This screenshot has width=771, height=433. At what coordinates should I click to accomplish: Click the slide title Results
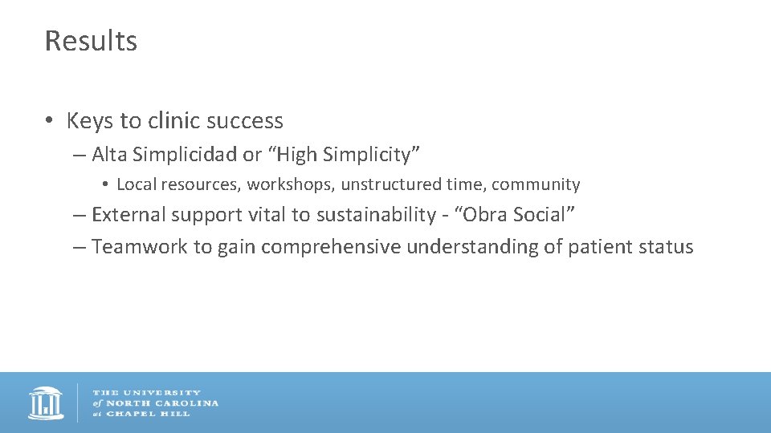coord(91,41)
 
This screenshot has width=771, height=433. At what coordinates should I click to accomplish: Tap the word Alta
coord(108,154)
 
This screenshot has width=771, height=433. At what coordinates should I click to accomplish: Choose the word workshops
coord(291,184)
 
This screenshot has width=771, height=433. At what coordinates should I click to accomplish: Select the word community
coord(536,184)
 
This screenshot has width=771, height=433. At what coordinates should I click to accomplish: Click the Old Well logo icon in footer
coord(46,403)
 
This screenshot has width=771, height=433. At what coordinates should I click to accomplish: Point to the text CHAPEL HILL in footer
coord(149,414)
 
